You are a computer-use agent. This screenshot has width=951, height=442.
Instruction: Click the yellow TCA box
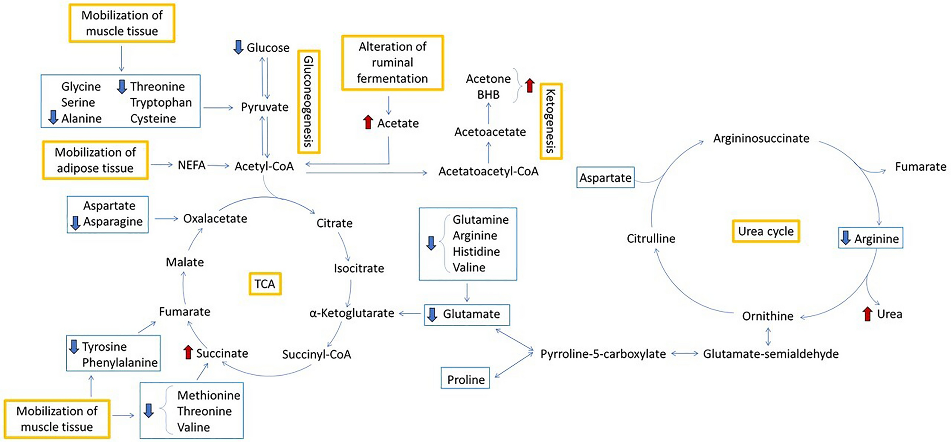tap(265, 284)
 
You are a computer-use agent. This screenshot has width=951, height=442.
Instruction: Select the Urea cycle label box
tap(766, 231)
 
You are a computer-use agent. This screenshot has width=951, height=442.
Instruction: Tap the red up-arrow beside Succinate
tap(188, 352)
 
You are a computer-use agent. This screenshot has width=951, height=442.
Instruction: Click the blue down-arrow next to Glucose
tap(238, 47)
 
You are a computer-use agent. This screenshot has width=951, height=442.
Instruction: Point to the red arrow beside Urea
tap(867, 314)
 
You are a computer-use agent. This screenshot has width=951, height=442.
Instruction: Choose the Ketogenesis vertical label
tap(551, 121)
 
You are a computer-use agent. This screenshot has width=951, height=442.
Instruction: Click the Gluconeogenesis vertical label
tap(308, 101)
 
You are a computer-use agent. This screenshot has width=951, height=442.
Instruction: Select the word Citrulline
tap(651, 239)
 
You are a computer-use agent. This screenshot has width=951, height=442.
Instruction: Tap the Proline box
tap(465, 379)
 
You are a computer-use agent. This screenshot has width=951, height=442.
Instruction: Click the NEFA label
tap(191, 165)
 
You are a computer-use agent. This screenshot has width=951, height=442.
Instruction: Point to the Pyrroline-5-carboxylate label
tap(603, 354)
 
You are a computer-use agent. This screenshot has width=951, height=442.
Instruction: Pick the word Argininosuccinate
tap(761, 138)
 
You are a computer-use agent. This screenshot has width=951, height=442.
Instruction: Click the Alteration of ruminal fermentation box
tap(392, 63)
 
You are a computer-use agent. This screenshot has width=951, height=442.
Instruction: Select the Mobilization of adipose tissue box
tap(95, 160)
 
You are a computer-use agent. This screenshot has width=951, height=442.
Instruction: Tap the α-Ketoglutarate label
tap(352, 313)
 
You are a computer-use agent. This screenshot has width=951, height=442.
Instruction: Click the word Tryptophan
tap(161, 102)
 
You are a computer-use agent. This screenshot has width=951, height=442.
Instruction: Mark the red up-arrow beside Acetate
tap(368, 122)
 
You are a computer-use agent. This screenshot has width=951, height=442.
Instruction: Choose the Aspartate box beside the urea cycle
tap(605, 178)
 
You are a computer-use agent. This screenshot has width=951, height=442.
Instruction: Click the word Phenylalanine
tap(120, 362)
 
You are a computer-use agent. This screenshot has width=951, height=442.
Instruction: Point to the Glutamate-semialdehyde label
tap(770, 354)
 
